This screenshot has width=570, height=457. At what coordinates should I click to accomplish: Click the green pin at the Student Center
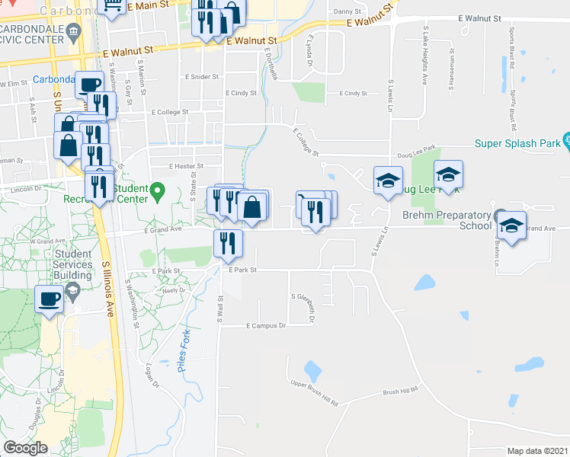point(158,190)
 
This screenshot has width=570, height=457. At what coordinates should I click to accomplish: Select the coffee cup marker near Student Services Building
point(50,299)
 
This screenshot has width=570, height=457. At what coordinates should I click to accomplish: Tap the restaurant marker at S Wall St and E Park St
point(227,244)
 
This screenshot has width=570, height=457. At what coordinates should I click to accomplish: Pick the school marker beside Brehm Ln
point(511,226)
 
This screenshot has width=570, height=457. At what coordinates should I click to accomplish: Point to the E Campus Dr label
point(266,325)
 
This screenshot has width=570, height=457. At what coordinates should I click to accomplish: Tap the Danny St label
point(346,11)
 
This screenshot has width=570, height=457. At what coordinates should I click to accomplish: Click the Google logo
point(25,448)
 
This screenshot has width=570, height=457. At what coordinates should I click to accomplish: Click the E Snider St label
point(202,77)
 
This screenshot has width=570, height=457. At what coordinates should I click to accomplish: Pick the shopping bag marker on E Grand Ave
point(253,206)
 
